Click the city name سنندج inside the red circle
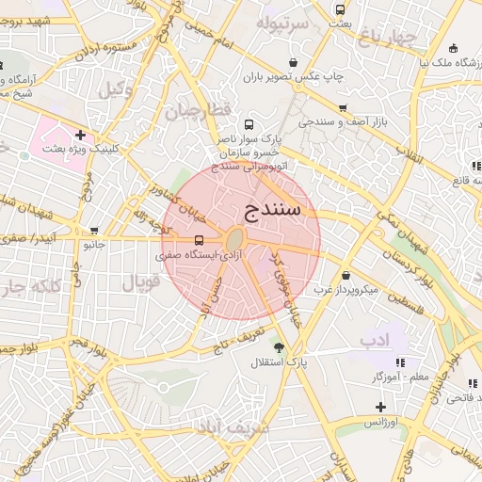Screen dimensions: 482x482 pyautogui.click(x=271, y=208)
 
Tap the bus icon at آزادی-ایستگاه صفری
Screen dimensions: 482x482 pyautogui.click(x=198, y=239)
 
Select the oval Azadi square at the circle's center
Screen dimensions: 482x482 pyautogui.click(x=235, y=241)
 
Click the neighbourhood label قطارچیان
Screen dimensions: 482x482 pyautogui.click(x=199, y=111)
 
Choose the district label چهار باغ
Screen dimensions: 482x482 pyautogui.click(x=387, y=37)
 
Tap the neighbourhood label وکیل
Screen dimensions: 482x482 pyautogui.click(x=117, y=90)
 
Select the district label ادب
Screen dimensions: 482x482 pyautogui.click(x=374, y=337)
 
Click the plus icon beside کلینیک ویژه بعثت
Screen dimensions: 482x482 pyautogui.click(x=80, y=135)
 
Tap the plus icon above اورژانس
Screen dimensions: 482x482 pyautogui.click(x=380, y=408)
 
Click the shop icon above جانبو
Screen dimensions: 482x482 pyautogui.click(x=93, y=231)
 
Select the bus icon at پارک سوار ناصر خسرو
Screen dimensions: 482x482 pyautogui.click(x=249, y=124)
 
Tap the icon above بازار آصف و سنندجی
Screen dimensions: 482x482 pyautogui.click(x=342, y=108)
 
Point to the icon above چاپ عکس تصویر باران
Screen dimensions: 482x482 pyautogui.click(x=294, y=63)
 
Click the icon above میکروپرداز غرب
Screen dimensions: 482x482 pyautogui.click(x=346, y=276)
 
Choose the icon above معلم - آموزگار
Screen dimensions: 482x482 pyautogui.click(x=400, y=361)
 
